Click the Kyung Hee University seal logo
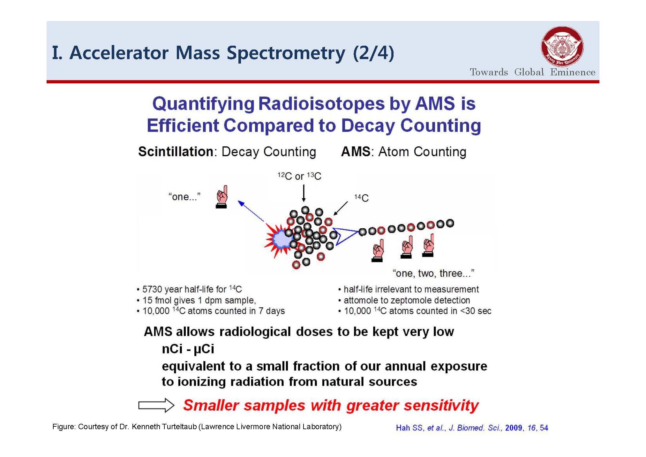(562, 47)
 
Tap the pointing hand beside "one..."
(222, 197)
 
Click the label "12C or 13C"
(299, 176)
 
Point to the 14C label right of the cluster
(361, 198)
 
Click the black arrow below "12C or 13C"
(304, 193)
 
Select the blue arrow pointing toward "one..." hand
(251, 211)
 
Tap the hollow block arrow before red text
(156, 405)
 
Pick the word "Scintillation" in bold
(176, 151)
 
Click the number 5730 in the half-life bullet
(152, 289)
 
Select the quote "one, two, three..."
(433, 273)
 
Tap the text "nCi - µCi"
(188, 349)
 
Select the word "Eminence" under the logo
(573, 72)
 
